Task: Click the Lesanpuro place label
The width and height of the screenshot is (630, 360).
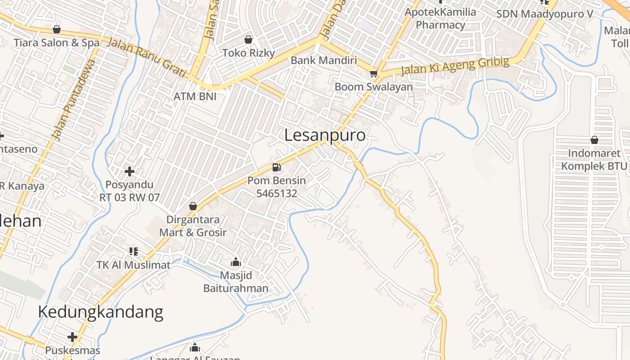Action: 324,135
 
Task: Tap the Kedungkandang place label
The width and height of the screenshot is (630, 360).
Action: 100,312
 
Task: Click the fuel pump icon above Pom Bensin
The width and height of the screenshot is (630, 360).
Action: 276,167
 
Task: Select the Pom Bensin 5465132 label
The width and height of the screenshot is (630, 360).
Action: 276,187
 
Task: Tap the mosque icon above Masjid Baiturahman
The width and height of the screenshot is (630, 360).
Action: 236,262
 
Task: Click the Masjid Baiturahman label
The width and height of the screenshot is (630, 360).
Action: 236,282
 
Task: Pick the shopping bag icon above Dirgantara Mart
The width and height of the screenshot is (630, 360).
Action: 193,206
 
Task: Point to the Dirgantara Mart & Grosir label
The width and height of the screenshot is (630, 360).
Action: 193,226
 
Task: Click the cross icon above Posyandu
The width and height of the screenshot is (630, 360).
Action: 130,171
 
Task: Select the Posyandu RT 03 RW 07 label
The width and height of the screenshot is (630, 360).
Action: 130,191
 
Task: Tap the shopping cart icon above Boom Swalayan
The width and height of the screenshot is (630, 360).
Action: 373,73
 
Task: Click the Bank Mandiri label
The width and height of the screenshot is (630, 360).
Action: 324,60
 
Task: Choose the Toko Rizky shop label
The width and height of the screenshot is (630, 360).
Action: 248,53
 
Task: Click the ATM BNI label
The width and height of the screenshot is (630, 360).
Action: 195,96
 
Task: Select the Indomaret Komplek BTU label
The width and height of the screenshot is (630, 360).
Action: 594,160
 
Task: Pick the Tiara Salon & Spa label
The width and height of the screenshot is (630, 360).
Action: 57,43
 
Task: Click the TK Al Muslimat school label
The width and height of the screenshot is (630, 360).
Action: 134,265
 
